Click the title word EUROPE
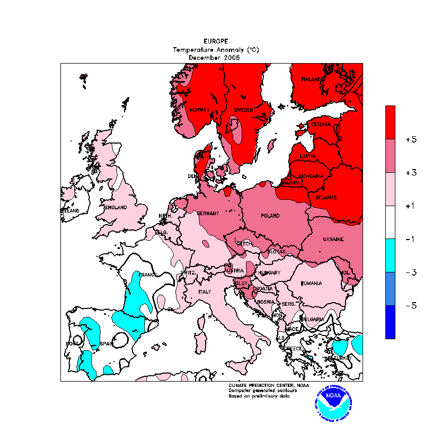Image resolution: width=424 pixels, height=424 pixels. pyautogui.click(x=216, y=41)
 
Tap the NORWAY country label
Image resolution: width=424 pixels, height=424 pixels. pyautogui.click(x=200, y=110)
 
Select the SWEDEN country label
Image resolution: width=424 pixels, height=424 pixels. pyautogui.click(x=243, y=110)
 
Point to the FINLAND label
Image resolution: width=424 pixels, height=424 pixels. pyautogui.click(x=312, y=79)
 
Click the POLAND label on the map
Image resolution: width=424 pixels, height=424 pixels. pyautogui.click(x=270, y=216)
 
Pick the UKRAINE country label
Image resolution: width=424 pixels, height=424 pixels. pyautogui.click(x=333, y=240)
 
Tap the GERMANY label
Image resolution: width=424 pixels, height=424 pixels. pyautogui.click(x=208, y=214)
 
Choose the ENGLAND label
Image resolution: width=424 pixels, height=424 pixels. pyautogui.click(x=116, y=207)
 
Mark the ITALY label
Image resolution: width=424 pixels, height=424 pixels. pyautogui.click(x=205, y=292)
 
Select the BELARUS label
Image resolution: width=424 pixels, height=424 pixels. pyautogui.click(x=325, y=198)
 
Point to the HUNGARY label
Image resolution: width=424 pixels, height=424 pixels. pyautogui.click(x=269, y=273)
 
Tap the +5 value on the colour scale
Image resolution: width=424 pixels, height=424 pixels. pyautogui.click(x=411, y=140)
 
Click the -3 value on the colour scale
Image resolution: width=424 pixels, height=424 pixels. pyautogui.click(x=411, y=272)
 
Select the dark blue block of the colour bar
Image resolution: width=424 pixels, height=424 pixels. pyautogui.click(x=390, y=322)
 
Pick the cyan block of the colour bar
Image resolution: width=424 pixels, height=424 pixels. pyautogui.click(x=390, y=255)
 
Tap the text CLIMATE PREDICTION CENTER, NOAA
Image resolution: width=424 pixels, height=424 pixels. pyautogui.click(x=269, y=385)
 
